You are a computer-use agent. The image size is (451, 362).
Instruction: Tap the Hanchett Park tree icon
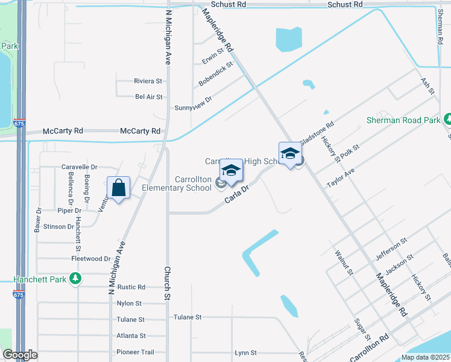tap(75, 279)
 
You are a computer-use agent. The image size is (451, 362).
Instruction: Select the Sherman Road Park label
tap(403, 120)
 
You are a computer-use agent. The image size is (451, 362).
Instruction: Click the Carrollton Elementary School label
tap(177, 183)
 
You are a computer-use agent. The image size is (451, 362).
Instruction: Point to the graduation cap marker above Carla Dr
tap(231, 171)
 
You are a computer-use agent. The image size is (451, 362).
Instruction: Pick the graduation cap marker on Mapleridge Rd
tap(290, 154)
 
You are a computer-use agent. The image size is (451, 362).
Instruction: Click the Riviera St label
tap(148, 81)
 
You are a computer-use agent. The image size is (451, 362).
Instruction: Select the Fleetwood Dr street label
tap(91, 259)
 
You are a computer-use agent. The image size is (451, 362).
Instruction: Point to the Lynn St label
tap(246, 352)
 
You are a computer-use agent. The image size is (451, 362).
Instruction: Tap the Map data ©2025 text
tap(425, 357)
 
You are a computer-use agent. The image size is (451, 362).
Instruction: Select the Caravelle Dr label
tap(79, 167)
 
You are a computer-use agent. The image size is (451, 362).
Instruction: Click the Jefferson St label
tap(391, 247)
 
